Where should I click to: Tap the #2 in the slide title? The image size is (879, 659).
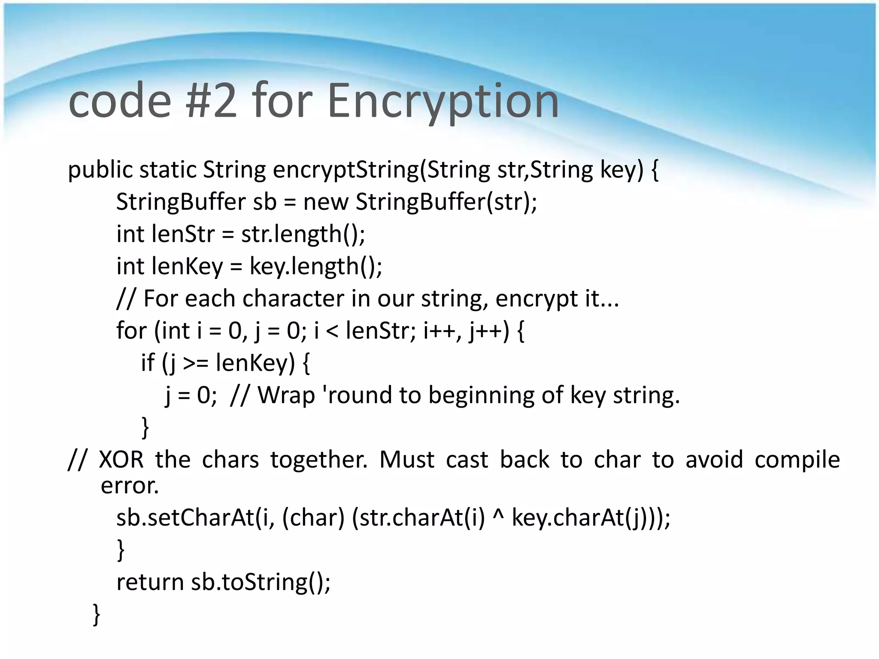point(212,101)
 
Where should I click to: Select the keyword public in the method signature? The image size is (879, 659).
point(100,170)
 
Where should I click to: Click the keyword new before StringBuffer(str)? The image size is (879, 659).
point(326,202)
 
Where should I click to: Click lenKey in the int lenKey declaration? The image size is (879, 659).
point(187,266)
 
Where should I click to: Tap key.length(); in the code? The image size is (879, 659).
point(316,266)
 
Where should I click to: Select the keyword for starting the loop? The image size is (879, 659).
point(131,331)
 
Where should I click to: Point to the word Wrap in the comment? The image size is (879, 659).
point(286,395)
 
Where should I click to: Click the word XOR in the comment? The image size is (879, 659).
point(121,460)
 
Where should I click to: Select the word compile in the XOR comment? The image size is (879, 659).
point(797,460)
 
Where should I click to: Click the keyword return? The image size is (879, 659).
point(150,582)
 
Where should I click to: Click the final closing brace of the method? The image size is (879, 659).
point(97,614)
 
